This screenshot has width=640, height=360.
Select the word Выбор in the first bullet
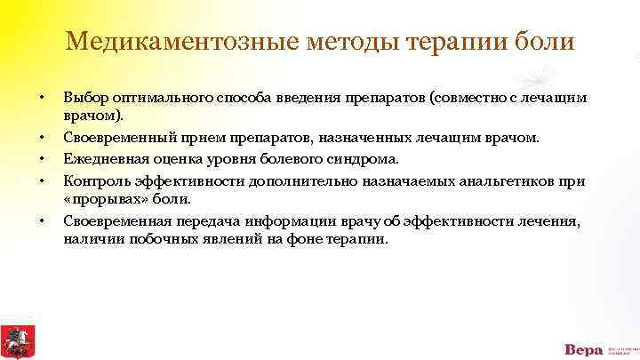[84, 98]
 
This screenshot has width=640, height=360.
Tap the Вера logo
[583, 349]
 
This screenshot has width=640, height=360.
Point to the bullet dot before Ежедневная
[39, 160]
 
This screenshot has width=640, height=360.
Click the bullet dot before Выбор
[39, 98]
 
